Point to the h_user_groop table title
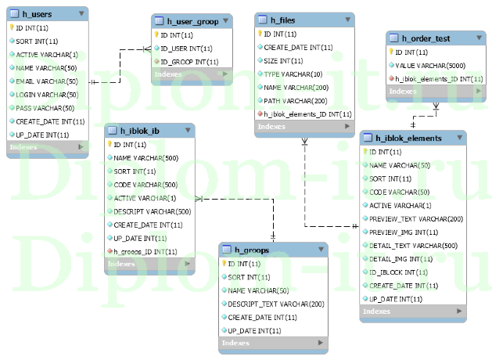click(x=198, y=21)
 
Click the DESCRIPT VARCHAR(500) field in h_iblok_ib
click(x=152, y=211)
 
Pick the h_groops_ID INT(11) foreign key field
click(x=145, y=251)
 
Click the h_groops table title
click(x=252, y=250)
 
